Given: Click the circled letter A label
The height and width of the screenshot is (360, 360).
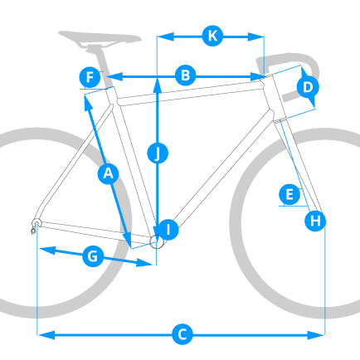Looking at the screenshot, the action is coord(108,173).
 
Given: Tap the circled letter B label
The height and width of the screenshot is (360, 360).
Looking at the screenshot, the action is coord(186,75).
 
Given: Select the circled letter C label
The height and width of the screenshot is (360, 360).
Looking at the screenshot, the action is coord(182,334).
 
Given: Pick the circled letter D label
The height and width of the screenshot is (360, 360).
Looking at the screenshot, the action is coord(308,87).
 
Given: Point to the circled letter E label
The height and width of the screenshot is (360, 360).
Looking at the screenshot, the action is coord(289,195).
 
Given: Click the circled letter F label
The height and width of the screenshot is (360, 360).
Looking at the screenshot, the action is coord(90,77).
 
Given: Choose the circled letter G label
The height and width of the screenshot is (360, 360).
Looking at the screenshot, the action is coord(93,256).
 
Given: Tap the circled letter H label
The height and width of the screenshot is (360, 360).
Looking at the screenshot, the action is coord(315,221).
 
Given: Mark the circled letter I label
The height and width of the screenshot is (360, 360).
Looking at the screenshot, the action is coord(168,230).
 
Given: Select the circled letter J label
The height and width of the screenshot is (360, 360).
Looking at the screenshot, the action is coord(158,153).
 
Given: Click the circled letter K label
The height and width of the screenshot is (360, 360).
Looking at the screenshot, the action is coord(212,36).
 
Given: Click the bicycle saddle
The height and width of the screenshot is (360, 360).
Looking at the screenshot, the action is coord(100,39).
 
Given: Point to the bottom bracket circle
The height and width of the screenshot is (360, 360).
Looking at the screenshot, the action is coord(157,241).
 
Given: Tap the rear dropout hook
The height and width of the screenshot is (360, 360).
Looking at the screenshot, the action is coord(35,225).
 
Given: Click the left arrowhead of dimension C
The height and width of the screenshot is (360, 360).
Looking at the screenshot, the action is coord(46,335).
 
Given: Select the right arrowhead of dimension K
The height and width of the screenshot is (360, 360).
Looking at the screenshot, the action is coord(255,36).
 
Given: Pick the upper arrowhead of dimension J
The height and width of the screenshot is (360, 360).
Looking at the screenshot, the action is coord(158,86).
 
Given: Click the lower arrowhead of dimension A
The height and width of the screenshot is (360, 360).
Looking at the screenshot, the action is coord(128,240).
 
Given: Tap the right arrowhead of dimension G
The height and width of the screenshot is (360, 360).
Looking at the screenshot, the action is coord(144,263).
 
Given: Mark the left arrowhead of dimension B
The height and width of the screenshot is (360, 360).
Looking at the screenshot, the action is coord(114,76).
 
